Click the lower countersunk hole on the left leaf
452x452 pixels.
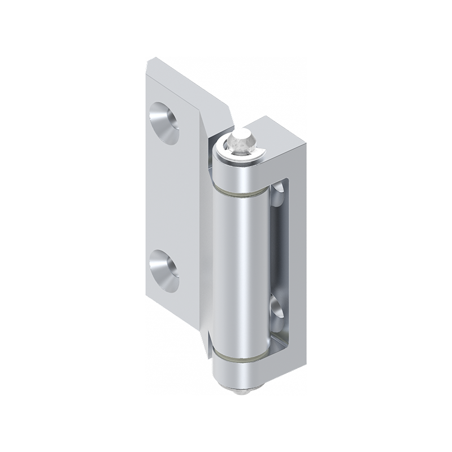tap(164, 270)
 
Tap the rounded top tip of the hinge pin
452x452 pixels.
tap(242, 137)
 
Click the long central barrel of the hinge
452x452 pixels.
tap(240, 271)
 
